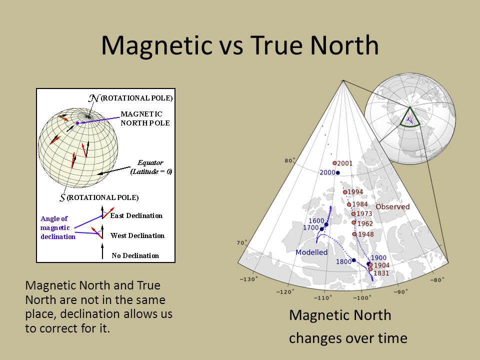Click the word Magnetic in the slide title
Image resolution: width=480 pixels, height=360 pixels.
156,45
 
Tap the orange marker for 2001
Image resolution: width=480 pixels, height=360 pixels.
334,163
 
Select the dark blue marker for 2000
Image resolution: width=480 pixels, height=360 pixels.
338,172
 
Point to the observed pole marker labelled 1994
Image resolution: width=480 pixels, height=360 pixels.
345,192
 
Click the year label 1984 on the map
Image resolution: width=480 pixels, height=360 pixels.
360,204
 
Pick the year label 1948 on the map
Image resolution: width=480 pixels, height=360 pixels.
366,234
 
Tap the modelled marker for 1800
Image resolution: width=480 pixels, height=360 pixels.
354,260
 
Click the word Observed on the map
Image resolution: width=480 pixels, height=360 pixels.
392,206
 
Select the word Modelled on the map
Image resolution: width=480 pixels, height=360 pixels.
311,252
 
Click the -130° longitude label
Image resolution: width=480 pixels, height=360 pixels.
248,279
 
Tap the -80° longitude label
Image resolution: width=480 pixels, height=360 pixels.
437,279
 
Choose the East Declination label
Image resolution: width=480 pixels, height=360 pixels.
136,215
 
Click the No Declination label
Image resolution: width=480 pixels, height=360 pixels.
135,255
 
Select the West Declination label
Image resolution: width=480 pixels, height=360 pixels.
137,235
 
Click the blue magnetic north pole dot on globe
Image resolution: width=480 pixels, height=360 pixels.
77,123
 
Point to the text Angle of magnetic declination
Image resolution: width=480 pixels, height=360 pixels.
58,227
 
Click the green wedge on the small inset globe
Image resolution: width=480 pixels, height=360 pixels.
409,117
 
